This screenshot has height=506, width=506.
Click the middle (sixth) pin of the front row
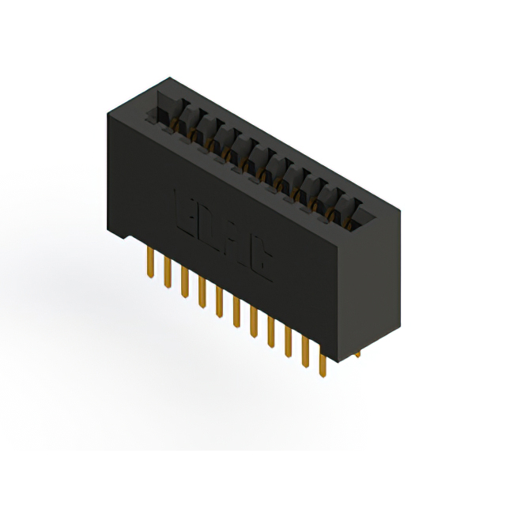point(236,309)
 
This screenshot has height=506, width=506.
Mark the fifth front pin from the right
point(254,319)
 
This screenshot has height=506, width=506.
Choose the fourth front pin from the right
point(270,330)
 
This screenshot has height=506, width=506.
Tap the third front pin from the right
point(288,340)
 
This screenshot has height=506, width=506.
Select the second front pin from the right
point(304,350)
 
